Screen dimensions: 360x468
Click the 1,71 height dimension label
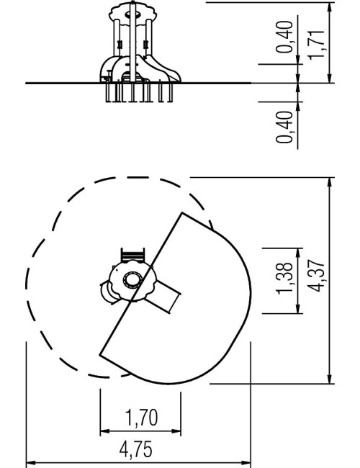(x=316, y=45)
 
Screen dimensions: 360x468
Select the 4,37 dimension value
(x=316, y=276)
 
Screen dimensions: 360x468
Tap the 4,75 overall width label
(x=136, y=449)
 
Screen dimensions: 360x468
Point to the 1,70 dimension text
(x=141, y=418)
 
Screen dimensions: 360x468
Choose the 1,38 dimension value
(x=284, y=278)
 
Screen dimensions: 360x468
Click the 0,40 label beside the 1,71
(x=284, y=37)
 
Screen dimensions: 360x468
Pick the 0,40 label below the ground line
(x=284, y=127)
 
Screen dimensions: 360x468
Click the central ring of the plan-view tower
(x=132, y=280)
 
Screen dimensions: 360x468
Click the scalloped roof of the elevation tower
(x=132, y=11)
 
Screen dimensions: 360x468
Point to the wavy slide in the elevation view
(x=163, y=68)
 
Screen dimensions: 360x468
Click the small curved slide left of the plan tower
(x=107, y=292)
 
